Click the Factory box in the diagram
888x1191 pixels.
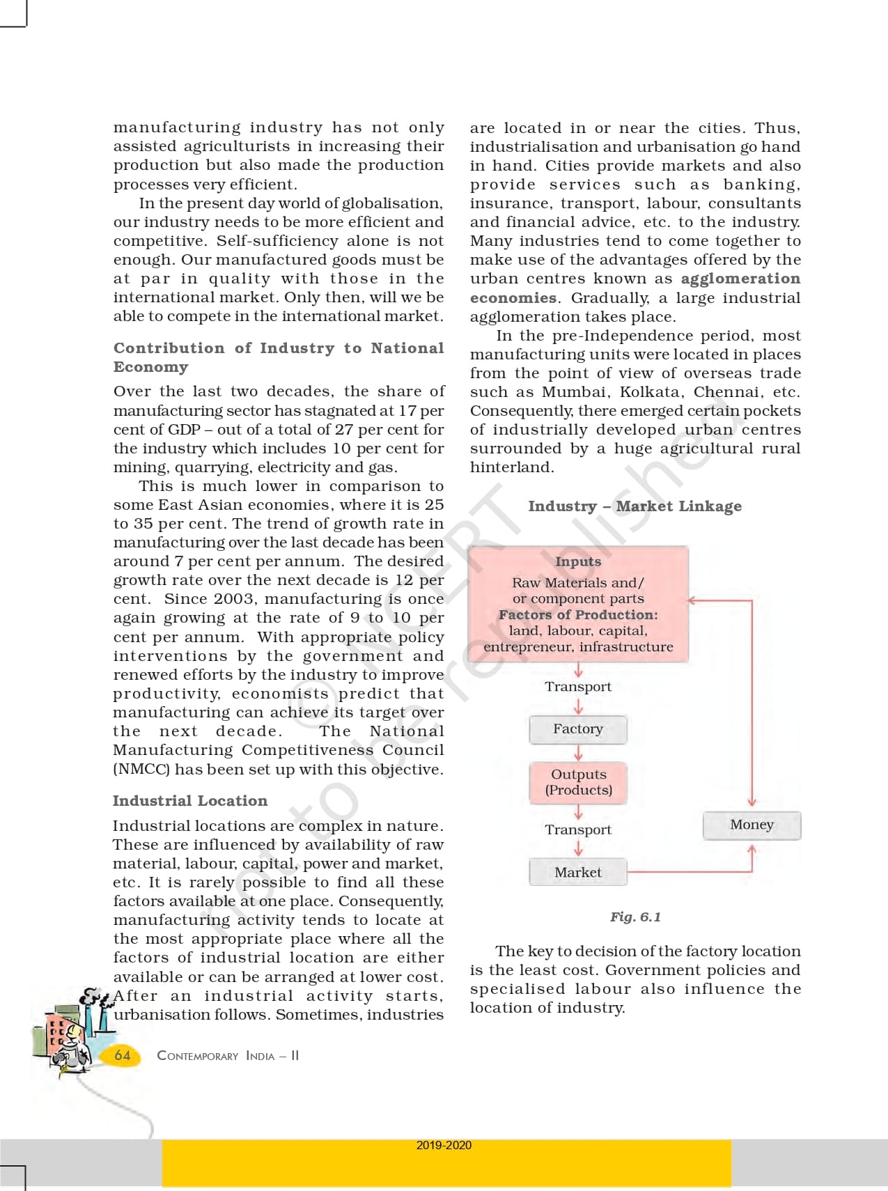(x=578, y=729)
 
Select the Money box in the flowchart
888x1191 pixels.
(x=751, y=825)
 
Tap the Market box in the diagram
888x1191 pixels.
(x=578, y=872)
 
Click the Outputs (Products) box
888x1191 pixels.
(x=578, y=782)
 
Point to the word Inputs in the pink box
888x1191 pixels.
(x=578, y=561)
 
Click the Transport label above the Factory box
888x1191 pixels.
(x=578, y=687)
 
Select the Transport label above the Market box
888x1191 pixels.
(x=578, y=830)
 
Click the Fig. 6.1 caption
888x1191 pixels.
(x=635, y=917)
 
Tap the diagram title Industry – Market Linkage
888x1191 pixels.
(x=634, y=506)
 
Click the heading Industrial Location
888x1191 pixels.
(x=190, y=801)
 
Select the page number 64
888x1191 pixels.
(x=123, y=1055)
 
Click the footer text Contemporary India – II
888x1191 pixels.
(x=228, y=1056)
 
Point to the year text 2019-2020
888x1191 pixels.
(x=444, y=1145)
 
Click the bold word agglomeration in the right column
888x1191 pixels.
(x=740, y=279)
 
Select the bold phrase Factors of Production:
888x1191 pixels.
(x=578, y=615)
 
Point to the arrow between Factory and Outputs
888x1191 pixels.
(x=578, y=754)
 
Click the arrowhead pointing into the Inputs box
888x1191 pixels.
(x=692, y=600)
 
